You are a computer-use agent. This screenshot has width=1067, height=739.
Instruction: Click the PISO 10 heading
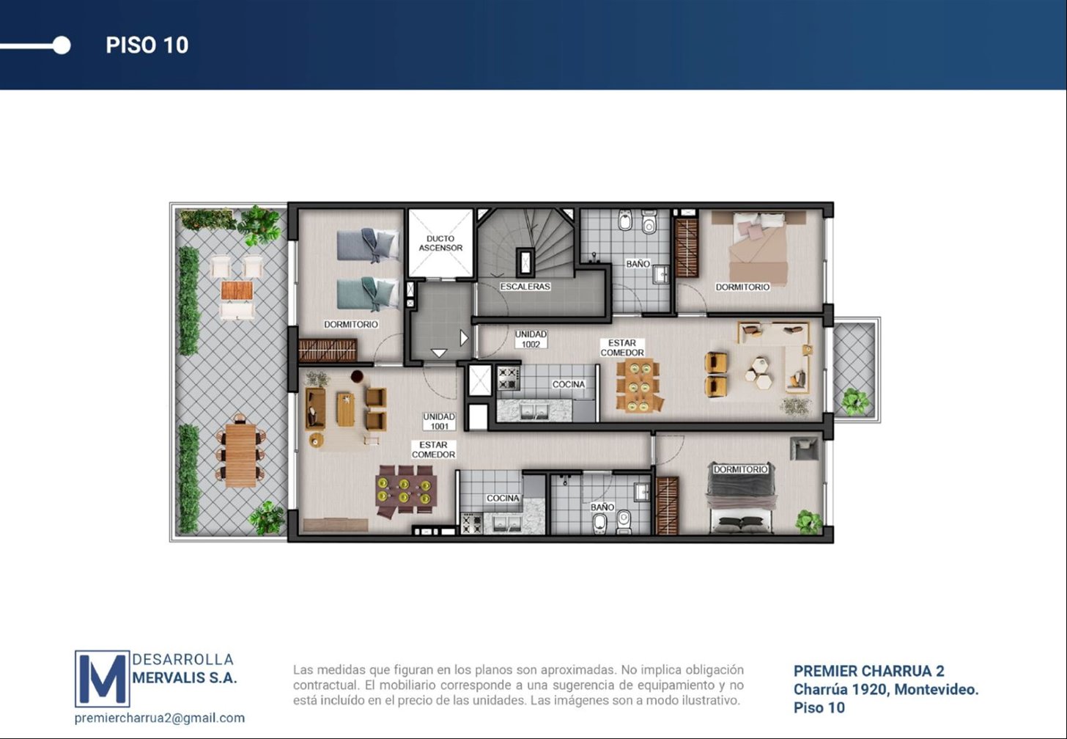tap(147, 45)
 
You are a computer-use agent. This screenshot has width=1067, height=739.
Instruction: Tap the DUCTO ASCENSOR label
tap(440, 243)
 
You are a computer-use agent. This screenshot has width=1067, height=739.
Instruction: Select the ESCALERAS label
tap(525, 287)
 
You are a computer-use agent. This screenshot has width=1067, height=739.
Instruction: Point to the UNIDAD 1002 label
tap(531, 339)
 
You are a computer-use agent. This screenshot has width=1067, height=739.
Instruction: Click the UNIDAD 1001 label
tap(439, 422)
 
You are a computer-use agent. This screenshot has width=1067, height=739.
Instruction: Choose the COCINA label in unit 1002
tap(568, 384)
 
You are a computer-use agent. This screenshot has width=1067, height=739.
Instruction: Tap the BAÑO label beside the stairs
tap(638, 263)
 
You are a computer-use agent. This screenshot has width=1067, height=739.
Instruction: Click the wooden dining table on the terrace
tap(240, 455)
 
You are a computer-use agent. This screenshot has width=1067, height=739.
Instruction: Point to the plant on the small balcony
tap(855, 401)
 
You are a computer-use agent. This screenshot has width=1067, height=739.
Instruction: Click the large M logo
tap(103, 678)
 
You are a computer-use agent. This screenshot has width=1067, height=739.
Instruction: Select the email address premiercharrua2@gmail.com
tap(160, 718)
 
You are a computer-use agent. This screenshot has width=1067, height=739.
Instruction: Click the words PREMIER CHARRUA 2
tap(869, 671)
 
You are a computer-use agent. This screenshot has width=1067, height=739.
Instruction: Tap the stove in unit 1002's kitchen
tap(509, 378)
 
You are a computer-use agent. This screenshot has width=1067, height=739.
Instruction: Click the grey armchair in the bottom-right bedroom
tap(804, 449)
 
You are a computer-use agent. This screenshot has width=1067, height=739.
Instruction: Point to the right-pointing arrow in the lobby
tap(464, 338)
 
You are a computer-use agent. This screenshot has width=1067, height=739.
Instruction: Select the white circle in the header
tap(62, 45)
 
